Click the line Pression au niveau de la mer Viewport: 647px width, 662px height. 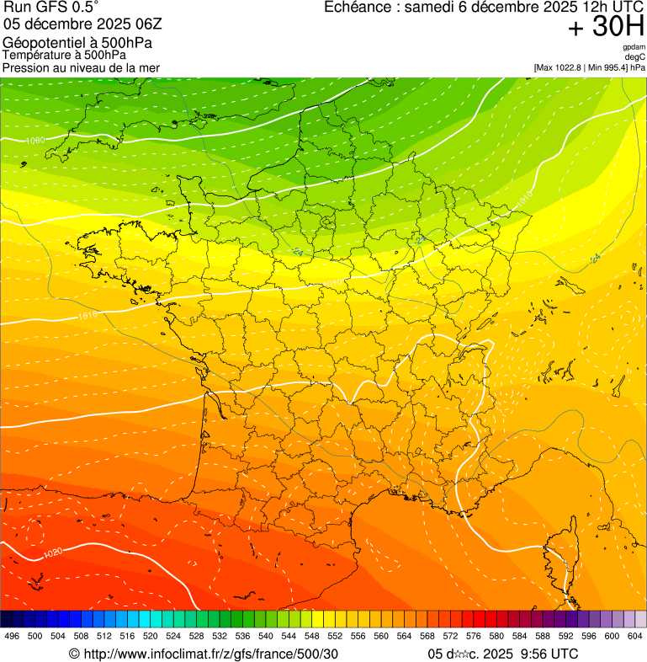pos(81,67)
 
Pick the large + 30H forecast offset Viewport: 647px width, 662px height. pos(606,28)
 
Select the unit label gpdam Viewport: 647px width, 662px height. pos(634,47)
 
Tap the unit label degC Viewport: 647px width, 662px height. pos(635,57)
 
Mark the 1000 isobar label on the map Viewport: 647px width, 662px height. pos(35,141)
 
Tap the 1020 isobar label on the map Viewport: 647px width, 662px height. pos(52,553)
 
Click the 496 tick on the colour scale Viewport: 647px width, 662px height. pos(12,636)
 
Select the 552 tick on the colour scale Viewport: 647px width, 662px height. pos(335,636)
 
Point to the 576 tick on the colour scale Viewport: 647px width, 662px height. pos(473,636)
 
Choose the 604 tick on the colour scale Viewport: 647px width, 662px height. pos(635,636)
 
